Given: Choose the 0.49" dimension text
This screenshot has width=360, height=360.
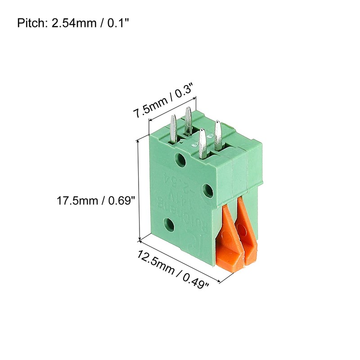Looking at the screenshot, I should point(194,278).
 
